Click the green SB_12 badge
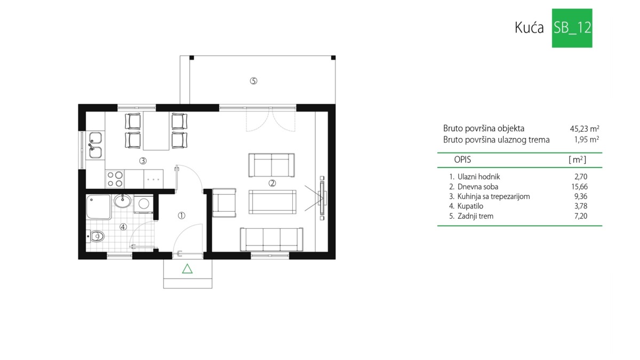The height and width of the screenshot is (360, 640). [x=572, y=28]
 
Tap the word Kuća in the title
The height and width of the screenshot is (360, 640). [x=529, y=28]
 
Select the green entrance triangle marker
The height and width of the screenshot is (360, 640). [x=187, y=269]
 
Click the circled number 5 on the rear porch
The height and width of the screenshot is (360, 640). [x=253, y=81]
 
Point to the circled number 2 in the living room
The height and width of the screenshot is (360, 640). [x=272, y=183]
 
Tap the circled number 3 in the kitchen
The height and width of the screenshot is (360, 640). [x=143, y=161]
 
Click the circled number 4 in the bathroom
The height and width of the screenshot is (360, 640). [x=123, y=227]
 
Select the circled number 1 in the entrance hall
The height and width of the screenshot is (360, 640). [x=181, y=215]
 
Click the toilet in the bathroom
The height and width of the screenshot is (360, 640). [x=95, y=236]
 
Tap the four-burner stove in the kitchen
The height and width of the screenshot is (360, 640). [x=115, y=179]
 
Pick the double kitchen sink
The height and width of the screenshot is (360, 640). [x=95, y=145]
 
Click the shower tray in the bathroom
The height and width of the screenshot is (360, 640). [x=99, y=207]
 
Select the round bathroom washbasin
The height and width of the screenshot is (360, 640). [x=123, y=201]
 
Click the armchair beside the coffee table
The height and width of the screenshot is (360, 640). [x=224, y=203]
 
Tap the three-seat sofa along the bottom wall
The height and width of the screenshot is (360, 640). [x=271, y=239]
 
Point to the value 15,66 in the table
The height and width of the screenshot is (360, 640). [x=579, y=187]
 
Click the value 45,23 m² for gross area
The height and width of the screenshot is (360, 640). [x=585, y=129]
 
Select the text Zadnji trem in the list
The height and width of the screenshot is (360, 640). [x=475, y=217]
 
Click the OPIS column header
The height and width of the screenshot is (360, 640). [x=462, y=159]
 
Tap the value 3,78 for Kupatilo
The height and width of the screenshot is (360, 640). [x=581, y=206]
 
